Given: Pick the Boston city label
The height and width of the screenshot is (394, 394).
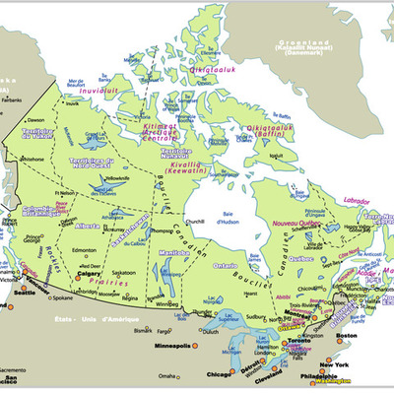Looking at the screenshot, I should pyautogui.click(x=346, y=338).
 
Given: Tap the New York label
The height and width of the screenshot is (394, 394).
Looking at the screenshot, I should pyautogui.click(x=335, y=364).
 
